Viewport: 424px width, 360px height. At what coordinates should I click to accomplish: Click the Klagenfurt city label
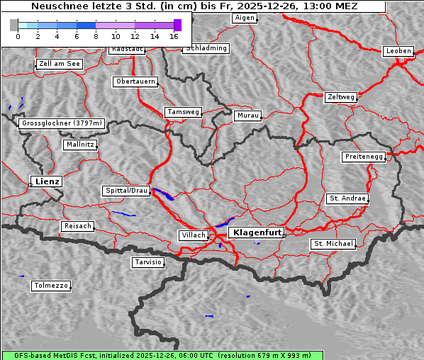(257, 232)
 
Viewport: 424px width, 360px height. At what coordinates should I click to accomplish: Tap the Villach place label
(193, 235)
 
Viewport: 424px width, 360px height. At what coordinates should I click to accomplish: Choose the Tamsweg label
(184, 112)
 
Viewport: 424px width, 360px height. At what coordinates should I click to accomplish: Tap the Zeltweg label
(340, 96)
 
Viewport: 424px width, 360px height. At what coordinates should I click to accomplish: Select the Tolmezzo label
(51, 286)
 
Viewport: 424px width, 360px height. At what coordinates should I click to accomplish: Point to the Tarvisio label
(148, 262)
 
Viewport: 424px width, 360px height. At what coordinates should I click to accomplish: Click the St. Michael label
(333, 244)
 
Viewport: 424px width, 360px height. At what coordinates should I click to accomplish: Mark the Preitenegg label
(364, 157)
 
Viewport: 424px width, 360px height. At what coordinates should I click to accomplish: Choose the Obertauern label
(135, 81)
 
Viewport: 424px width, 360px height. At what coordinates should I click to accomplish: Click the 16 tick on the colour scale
(174, 35)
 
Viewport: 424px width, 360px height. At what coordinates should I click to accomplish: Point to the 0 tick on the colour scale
(18, 35)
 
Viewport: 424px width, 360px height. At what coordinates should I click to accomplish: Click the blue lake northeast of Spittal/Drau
(163, 194)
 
